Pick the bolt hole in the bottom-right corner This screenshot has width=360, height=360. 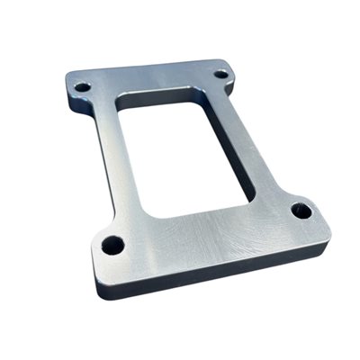[x=301, y=211]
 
